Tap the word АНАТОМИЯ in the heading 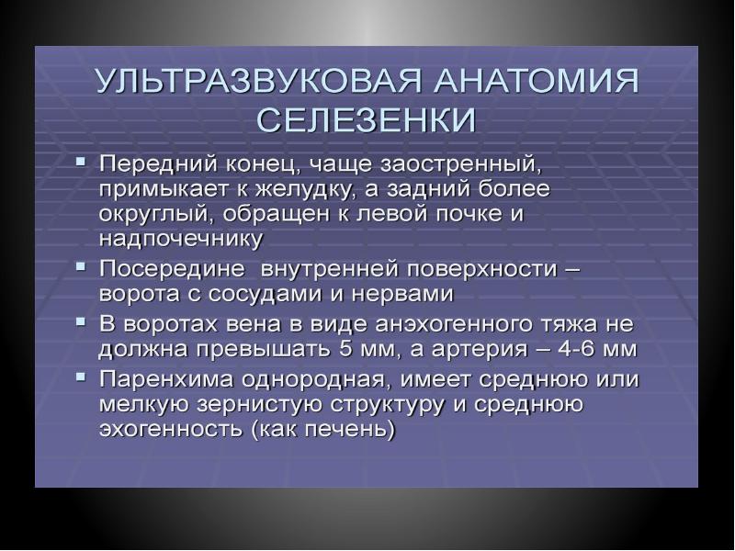[537, 81]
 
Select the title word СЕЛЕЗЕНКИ [367, 120]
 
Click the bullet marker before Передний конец [81, 162]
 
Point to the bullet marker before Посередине [81, 266]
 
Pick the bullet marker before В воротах [81, 322]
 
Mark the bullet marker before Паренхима [81, 377]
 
